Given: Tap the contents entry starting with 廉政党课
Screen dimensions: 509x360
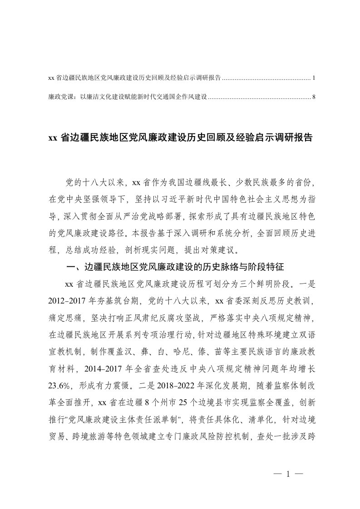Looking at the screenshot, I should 128,97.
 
